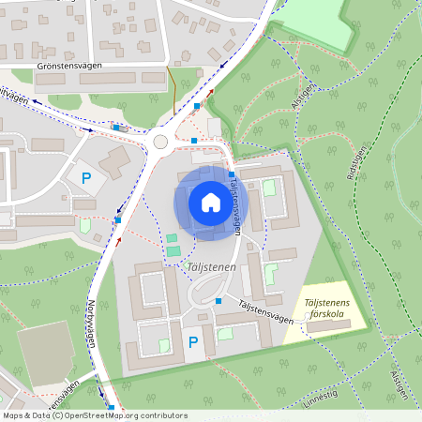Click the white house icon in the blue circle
tap(211, 202)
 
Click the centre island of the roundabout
tap(160, 142)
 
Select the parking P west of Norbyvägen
tap(87, 176)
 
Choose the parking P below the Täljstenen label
tap(193, 343)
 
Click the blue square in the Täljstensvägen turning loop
tap(219, 300)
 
